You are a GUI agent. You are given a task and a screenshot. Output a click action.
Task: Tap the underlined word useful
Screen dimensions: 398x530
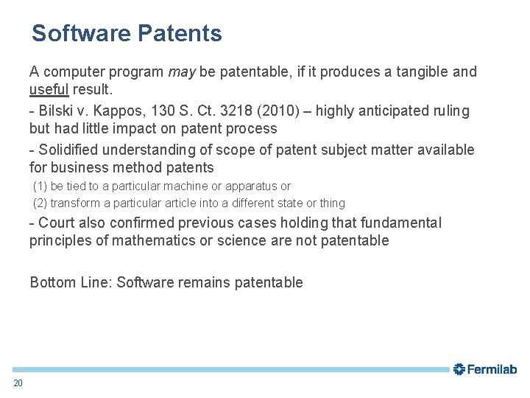pos(49,90)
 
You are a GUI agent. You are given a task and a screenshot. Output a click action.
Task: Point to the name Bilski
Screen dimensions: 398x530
pos(55,111)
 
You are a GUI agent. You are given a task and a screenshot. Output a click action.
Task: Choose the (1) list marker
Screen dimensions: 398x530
pos(40,186)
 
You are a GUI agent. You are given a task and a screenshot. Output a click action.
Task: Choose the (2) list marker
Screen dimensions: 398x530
pos(40,203)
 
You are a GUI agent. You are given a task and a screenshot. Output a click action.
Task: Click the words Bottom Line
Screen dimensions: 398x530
pos(71,282)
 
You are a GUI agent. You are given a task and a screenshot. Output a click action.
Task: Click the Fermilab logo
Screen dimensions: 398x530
pos(485,369)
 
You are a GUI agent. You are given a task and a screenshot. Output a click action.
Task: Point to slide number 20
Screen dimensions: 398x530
pos(18,383)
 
